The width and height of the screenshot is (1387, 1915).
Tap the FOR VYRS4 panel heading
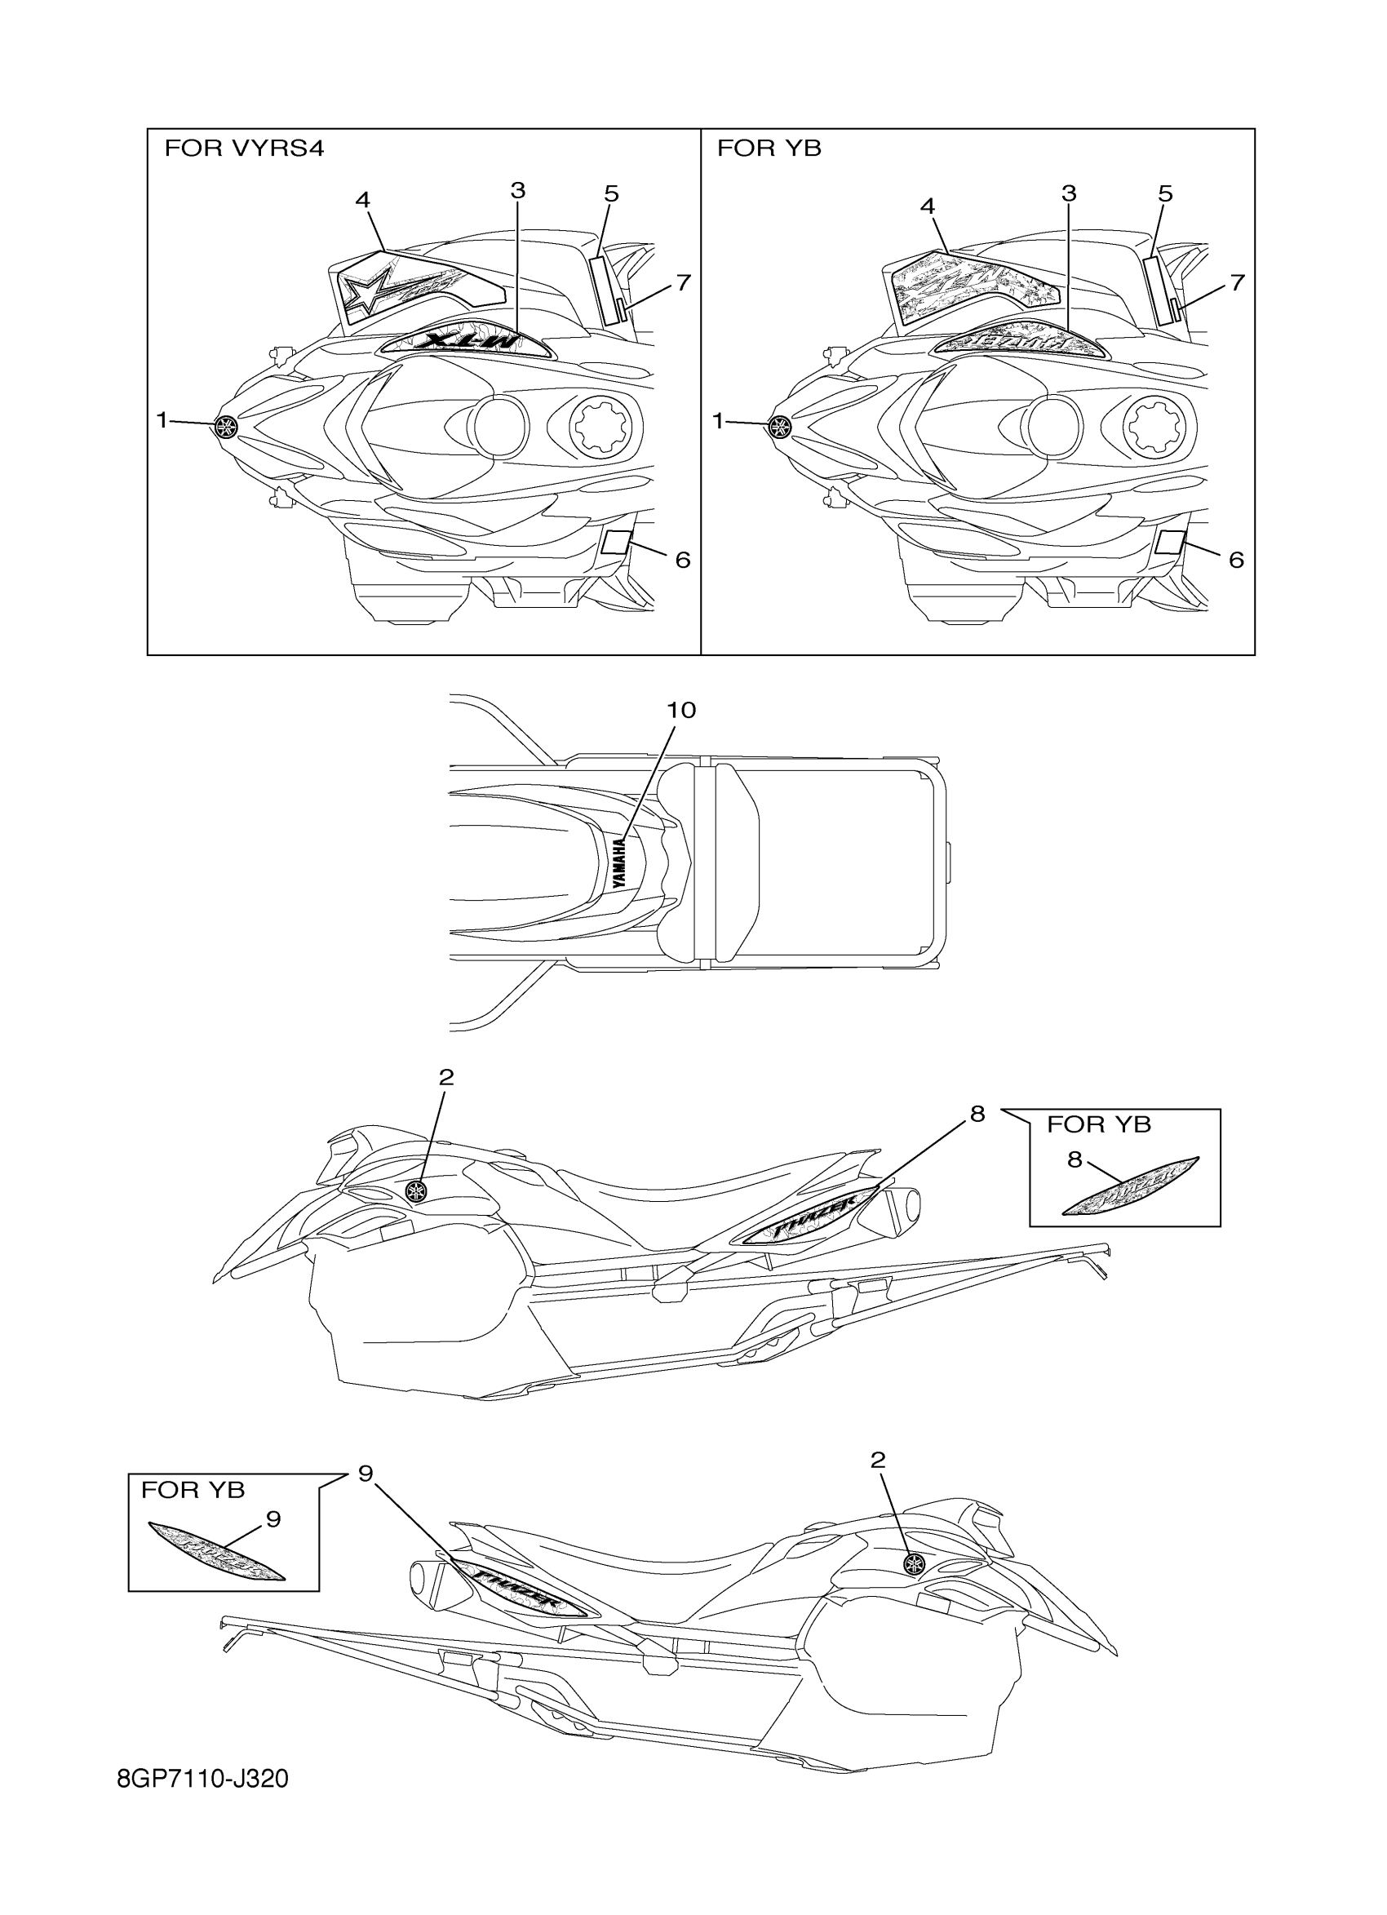244,149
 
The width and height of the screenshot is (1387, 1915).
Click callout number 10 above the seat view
681,710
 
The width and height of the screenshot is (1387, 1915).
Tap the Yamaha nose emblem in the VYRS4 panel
226,428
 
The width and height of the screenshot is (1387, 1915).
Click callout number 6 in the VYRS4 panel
682,559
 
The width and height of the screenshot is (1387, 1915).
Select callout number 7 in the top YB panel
1237,282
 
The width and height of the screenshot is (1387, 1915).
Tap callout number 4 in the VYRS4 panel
362,200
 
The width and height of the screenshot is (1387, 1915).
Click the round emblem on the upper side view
416,1191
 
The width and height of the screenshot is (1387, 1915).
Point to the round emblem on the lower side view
914,1563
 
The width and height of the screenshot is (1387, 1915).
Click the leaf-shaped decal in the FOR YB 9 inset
216,1550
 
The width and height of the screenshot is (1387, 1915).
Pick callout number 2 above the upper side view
446,1076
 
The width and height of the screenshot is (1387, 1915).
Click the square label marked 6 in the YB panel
1170,543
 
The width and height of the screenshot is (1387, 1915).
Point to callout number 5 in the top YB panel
1165,194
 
